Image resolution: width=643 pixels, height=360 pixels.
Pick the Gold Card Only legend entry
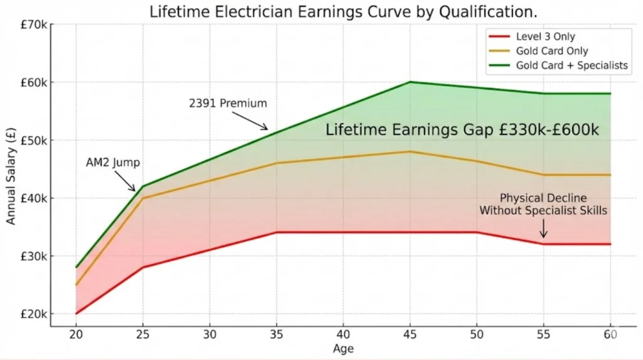pos(551,51)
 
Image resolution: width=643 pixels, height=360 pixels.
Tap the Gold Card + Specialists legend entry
pos(571,65)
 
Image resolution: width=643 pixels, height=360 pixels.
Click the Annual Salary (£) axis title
pos(11,170)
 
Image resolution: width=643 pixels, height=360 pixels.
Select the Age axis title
pos(343,348)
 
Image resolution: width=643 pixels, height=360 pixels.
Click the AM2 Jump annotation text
pos(113,163)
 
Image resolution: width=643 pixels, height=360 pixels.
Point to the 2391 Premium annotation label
pos(228,103)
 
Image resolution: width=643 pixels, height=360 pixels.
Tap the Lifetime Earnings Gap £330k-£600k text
pos(463,130)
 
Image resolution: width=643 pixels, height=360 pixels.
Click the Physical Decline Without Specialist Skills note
pos(544,204)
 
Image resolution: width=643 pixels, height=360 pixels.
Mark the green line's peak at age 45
pos(410,82)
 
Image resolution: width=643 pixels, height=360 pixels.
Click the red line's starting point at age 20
pos(76,314)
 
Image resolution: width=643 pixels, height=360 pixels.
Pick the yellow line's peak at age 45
pos(410,151)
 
